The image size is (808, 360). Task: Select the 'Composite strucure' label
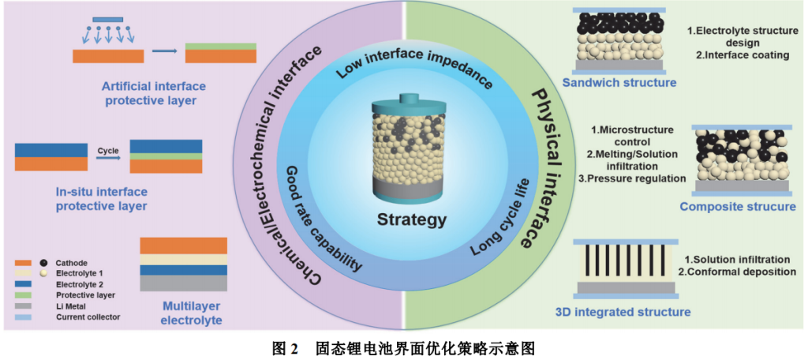point(738,207)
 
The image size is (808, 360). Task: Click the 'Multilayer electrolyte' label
point(191,313)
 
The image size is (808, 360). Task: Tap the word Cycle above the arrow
point(107,149)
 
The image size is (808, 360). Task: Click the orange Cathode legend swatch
point(23,262)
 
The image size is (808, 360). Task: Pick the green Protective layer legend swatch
point(23,294)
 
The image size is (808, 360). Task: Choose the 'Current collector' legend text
point(88,317)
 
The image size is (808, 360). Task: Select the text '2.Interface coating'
point(742,55)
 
